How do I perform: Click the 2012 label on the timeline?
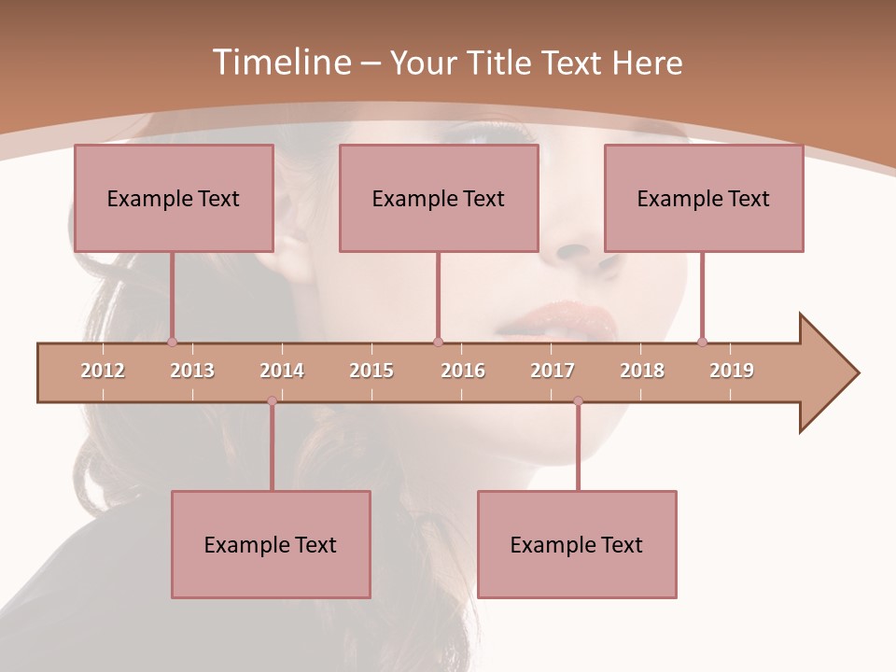(x=103, y=371)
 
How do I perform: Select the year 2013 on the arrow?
(x=192, y=371)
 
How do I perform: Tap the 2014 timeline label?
(x=282, y=371)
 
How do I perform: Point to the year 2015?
(x=371, y=371)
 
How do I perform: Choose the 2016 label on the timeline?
(x=463, y=371)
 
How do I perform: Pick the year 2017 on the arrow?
(x=553, y=371)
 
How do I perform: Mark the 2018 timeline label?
(x=642, y=371)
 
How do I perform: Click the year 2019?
(x=732, y=371)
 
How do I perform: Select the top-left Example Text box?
(x=174, y=198)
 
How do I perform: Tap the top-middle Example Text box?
(x=439, y=198)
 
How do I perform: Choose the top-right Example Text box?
(x=704, y=198)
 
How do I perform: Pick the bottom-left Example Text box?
(x=271, y=544)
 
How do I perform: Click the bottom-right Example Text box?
(x=577, y=544)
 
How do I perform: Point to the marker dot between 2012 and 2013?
(x=172, y=343)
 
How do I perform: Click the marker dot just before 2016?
(x=438, y=343)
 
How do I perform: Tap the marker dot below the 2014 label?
(x=272, y=401)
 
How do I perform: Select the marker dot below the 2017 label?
(x=578, y=401)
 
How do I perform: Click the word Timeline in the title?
(x=280, y=63)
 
